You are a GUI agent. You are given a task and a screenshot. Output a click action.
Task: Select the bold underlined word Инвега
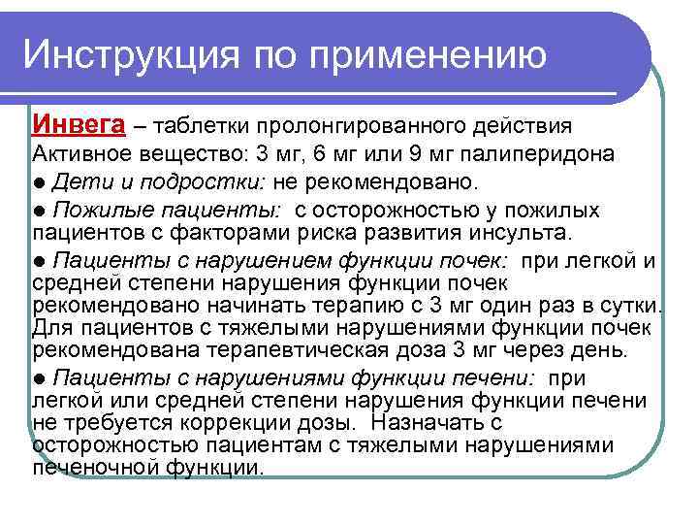[x=79, y=125]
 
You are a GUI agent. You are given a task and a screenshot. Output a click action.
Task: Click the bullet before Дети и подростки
[x=39, y=183]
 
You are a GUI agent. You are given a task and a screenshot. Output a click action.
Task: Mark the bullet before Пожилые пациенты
[x=39, y=211]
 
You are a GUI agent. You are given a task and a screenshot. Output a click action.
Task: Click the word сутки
[x=628, y=308]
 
